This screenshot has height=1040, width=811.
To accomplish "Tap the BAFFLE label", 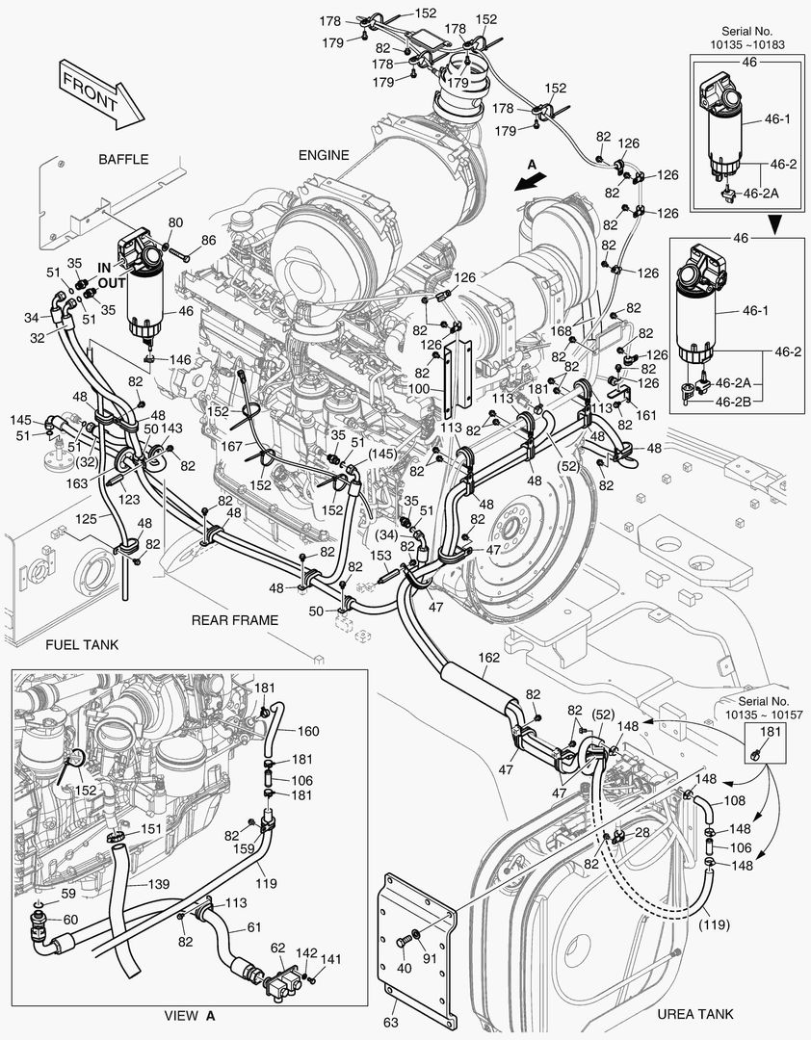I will [x=123, y=159].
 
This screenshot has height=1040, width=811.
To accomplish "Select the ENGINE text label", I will [x=324, y=155].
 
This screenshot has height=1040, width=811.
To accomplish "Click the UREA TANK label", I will [x=694, y=1013].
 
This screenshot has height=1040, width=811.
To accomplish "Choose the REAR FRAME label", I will [x=234, y=620].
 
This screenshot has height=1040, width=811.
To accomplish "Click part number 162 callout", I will [x=489, y=658].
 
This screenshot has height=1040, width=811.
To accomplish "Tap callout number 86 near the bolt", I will [x=208, y=240].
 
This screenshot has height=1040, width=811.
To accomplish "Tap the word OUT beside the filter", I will [x=112, y=283].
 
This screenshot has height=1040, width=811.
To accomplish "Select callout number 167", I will [x=230, y=446].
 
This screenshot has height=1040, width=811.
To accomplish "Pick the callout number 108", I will [x=734, y=800].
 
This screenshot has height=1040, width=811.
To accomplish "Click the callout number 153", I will [x=381, y=556].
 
